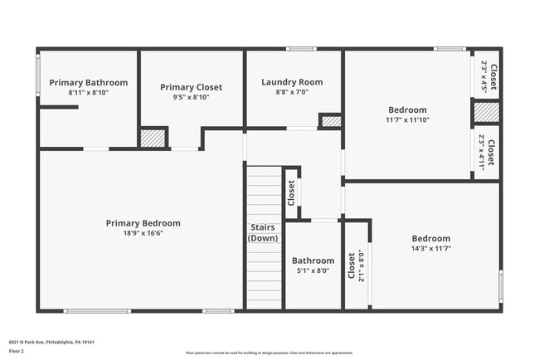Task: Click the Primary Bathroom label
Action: click(88, 83)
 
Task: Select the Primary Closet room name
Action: click(191, 87)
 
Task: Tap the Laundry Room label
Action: click(292, 82)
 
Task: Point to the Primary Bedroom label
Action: click(143, 223)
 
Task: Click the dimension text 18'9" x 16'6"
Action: click(143, 234)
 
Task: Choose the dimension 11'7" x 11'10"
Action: click(407, 120)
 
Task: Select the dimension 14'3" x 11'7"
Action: click(430, 249)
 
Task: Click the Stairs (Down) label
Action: click(263, 233)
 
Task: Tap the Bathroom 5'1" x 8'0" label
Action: click(313, 265)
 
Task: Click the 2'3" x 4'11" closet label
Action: click(487, 152)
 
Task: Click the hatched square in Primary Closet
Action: click(153, 138)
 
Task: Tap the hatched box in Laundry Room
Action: click(331, 122)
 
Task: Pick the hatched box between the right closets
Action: click(487, 112)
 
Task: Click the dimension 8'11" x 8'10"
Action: click(88, 93)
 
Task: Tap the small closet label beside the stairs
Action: click(291, 192)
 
